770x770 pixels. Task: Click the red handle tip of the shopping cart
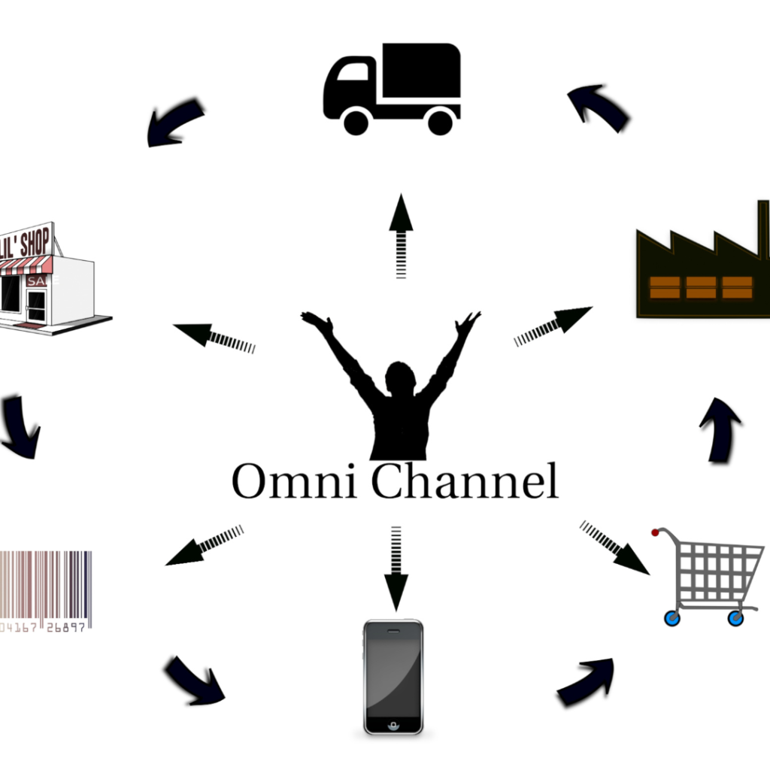655,533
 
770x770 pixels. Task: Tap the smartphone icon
393,676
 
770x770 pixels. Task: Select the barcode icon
45,590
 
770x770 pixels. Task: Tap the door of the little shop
36,305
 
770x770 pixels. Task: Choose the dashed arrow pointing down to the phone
396,568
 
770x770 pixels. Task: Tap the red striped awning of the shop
26,265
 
